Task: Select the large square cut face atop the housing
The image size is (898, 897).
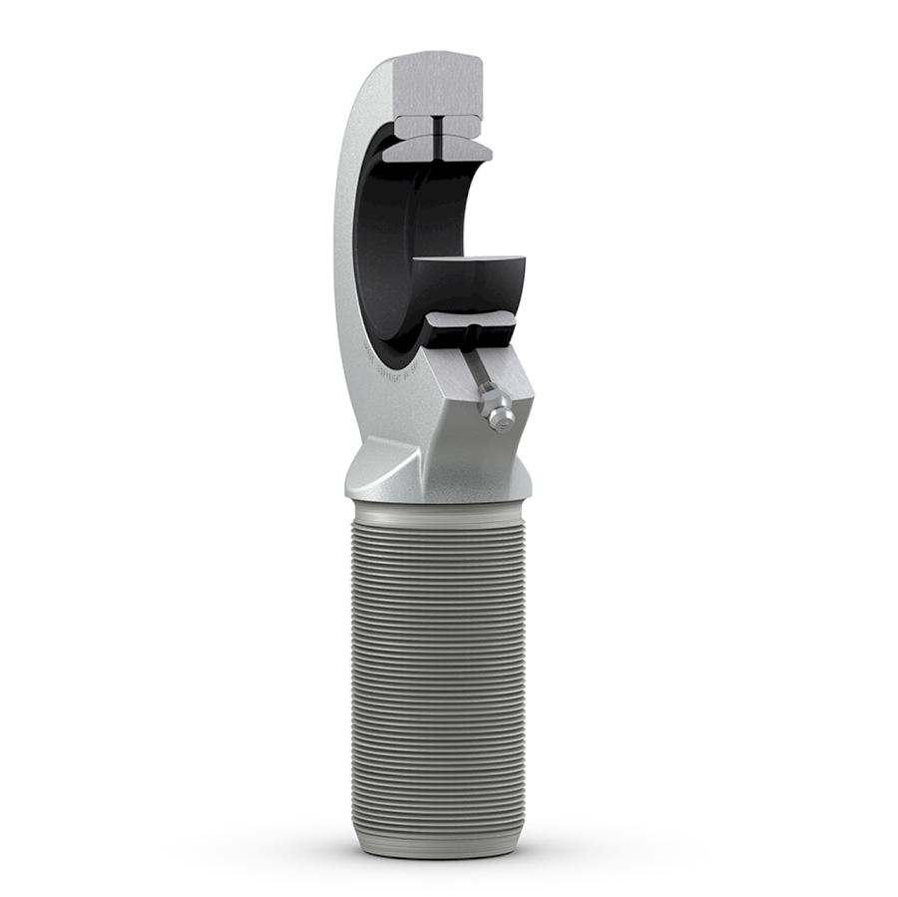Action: coord(437,84)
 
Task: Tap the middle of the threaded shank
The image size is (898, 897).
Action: coord(439,678)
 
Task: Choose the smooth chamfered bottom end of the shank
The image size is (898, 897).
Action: coord(439,843)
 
